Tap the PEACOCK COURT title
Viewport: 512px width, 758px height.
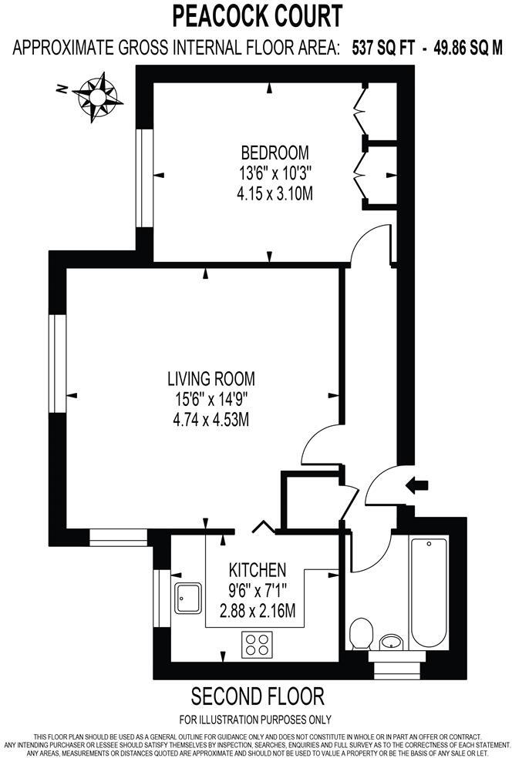coord(257,15)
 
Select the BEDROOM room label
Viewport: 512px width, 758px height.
coord(275,153)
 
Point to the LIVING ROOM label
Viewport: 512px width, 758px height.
coord(211,379)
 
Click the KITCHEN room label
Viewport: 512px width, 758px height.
coord(258,571)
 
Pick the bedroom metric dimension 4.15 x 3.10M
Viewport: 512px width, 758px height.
coord(275,193)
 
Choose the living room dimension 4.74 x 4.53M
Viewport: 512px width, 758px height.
coord(211,420)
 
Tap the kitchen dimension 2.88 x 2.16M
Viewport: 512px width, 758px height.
coord(258,612)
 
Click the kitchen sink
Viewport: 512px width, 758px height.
coord(188,598)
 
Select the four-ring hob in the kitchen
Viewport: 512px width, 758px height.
coord(257,644)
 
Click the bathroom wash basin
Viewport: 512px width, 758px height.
coord(392,641)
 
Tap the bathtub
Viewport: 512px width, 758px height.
coord(429,591)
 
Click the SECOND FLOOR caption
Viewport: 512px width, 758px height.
coord(257,697)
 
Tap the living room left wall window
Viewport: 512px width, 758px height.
coord(56,364)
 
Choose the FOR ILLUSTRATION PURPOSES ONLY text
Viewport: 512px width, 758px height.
coord(257,720)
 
